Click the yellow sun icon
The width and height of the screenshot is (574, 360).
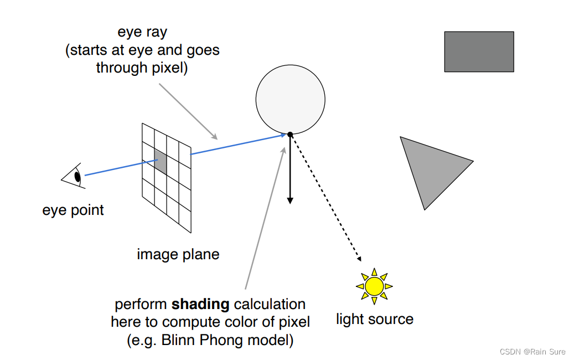click(374, 286)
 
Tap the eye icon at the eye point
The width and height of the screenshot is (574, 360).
click(75, 176)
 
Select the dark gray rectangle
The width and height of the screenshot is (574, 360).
click(479, 52)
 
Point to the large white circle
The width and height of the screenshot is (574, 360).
click(290, 99)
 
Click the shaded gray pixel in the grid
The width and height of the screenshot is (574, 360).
click(161, 161)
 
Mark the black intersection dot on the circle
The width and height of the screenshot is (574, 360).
click(290, 134)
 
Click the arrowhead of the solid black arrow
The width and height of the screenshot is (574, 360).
click(289, 200)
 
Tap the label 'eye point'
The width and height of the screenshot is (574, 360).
click(73, 210)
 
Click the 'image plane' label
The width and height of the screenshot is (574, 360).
click(178, 254)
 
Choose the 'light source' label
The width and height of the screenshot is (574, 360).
click(375, 319)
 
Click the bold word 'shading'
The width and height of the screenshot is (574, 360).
click(200, 304)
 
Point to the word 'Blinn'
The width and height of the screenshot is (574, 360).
click(176, 340)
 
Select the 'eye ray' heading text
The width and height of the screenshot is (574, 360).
click(142, 32)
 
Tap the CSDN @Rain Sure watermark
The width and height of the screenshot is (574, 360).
click(532, 352)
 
